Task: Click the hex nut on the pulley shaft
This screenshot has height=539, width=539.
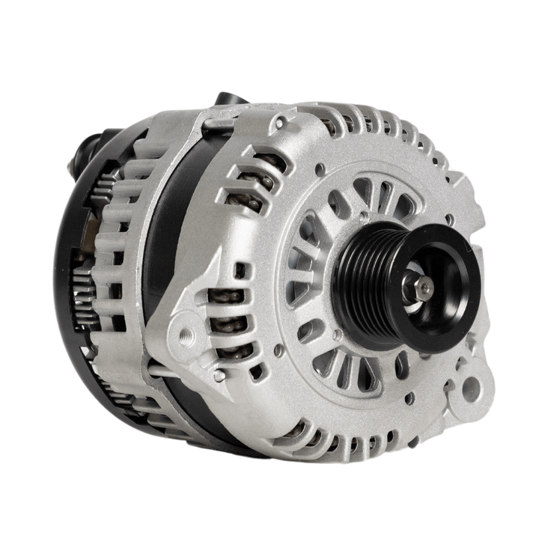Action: click(420, 285)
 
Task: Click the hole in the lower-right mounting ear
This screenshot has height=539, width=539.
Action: click(471, 389)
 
